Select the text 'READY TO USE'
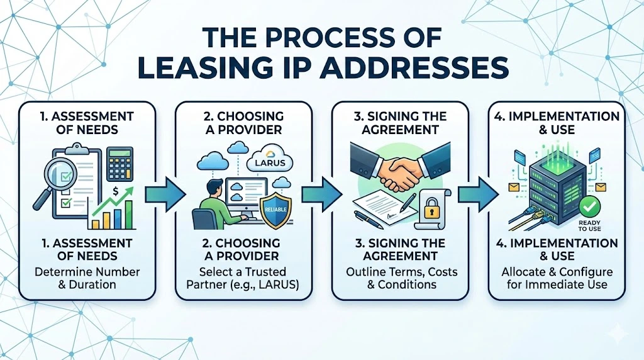589,225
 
